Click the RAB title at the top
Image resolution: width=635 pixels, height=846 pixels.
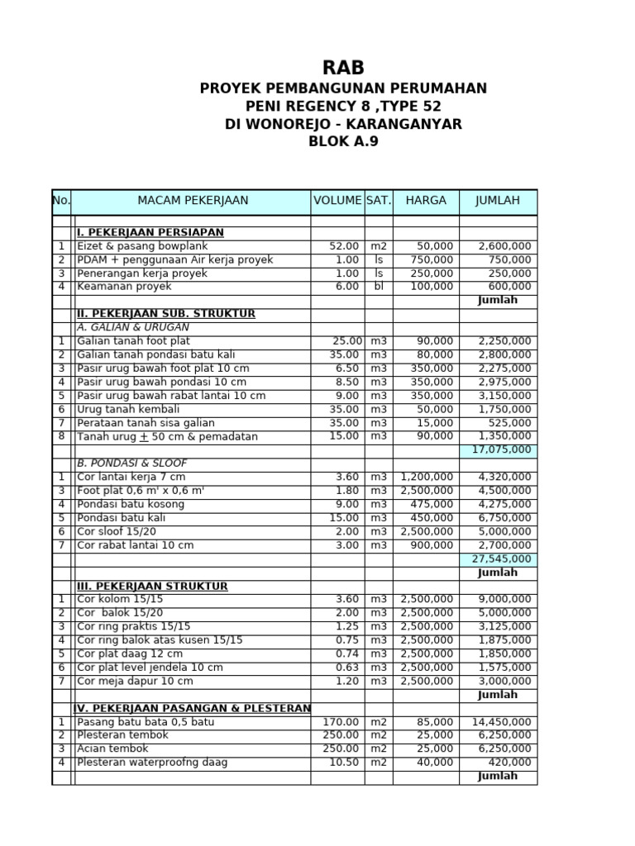(342, 68)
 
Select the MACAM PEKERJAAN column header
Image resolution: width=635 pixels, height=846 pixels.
(193, 201)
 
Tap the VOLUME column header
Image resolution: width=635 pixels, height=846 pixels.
(337, 201)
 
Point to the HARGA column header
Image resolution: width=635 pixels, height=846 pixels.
(426, 201)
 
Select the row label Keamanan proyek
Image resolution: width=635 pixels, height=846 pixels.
(124, 287)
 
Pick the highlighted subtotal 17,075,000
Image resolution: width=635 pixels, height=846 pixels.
(501, 450)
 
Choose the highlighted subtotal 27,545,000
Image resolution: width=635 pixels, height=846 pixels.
(501, 559)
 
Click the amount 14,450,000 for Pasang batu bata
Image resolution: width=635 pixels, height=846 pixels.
(501, 722)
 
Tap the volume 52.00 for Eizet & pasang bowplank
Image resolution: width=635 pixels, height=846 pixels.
(344, 246)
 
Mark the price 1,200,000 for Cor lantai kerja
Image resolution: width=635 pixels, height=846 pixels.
(427, 478)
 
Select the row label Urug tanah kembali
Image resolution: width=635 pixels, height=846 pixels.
(126, 409)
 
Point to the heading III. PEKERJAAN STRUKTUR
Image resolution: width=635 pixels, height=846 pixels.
(152, 587)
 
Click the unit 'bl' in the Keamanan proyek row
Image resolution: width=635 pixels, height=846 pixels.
(379, 287)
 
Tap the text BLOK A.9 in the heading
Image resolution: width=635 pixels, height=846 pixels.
(342, 142)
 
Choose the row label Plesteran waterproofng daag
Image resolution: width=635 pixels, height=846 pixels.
(152, 763)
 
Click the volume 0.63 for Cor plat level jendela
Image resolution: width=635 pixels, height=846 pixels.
(347, 668)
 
